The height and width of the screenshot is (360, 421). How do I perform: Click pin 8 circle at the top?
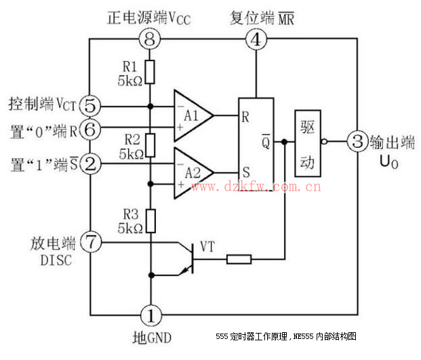pyautogui.click(x=150, y=39)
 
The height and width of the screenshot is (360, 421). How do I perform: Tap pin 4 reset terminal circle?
pyautogui.click(x=256, y=39)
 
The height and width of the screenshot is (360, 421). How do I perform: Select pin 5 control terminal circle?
pyautogui.click(x=90, y=106)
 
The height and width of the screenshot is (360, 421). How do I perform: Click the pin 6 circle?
pyautogui.click(x=90, y=127)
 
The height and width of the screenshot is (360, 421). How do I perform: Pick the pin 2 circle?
pyautogui.click(x=90, y=163)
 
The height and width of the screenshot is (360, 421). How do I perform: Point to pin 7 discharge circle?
pyautogui.click(x=90, y=241)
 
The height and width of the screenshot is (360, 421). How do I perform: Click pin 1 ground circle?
pyautogui.click(x=150, y=315)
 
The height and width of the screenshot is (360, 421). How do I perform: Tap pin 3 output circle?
pyautogui.click(x=357, y=142)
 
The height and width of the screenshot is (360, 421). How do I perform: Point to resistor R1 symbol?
pyautogui.click(x=150, y=71)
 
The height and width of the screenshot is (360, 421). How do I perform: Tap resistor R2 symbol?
pyautogui.click(x=150, y=143)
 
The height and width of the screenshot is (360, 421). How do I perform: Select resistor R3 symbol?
pyautogui.click(x=150, y=220)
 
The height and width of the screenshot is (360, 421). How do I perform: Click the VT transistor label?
pyautogui.click(x=207, y=247)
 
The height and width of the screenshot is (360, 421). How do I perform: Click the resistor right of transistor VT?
pyautogui.click(x=239, y=258)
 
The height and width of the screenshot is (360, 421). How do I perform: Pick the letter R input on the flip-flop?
pyautogui.click(x=245, y=116)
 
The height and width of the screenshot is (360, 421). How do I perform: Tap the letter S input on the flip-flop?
pyautogui.click(x=245, y=173)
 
